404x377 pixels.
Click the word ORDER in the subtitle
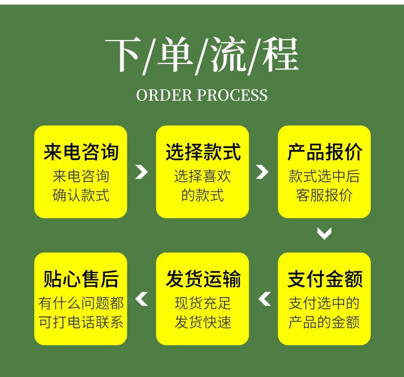click(x=164, y=95)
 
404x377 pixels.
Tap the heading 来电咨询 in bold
click(x=81, y=152)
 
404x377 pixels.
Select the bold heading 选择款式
click(x=203, y=152)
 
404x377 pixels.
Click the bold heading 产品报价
click(x=324, y=152)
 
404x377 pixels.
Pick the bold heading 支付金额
click(x=324, y=279)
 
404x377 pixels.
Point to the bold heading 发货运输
click(x=203, y=279)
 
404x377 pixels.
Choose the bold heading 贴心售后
click(x=81, y=279)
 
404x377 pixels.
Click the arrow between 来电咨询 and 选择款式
click(x=141, y=172)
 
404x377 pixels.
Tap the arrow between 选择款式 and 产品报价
click(x=262, y=172)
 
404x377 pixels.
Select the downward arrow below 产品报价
click(x=324, y=234)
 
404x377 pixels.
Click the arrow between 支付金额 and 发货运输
click(x=264, y=299)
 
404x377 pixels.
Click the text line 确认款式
click(x=81, y=195)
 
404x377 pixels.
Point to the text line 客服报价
click(x=324, y=195)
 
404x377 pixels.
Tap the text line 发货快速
click(x=203, y=322)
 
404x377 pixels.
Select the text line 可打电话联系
click(x=81, y=322)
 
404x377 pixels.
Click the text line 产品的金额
click(x=324, y=322)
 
